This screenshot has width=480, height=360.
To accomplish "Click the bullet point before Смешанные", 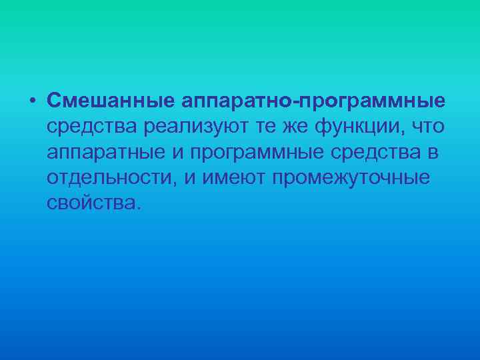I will coord(32,101).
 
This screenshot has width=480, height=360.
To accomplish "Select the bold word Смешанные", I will coord(109,101).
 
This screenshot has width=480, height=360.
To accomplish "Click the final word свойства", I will coord(91,203).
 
